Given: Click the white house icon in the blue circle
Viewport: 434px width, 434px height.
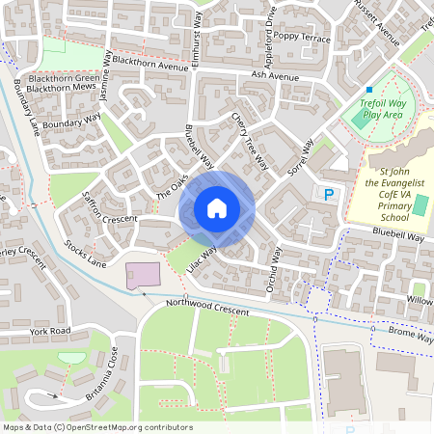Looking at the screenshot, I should point(217,207).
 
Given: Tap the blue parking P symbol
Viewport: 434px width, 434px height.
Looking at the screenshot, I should point(329,195).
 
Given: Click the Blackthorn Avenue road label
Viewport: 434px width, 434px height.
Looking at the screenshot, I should point(149,67).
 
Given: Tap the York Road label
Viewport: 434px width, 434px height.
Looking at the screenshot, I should point(50,331).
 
